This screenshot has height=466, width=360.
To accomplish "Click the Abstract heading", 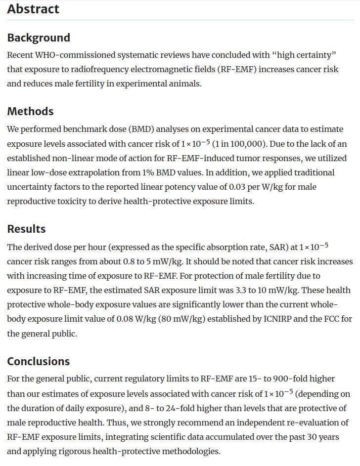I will [x=33, y=9].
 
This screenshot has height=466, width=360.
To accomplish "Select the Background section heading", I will [x=39, y=38].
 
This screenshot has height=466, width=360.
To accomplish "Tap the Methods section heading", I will [x=30, y=111].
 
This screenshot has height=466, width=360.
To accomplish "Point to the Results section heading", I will [x=26, y=229].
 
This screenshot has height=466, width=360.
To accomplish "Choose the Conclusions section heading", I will [x=38, y=361].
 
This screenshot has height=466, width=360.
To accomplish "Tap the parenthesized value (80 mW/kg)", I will [x=180, y=319].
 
